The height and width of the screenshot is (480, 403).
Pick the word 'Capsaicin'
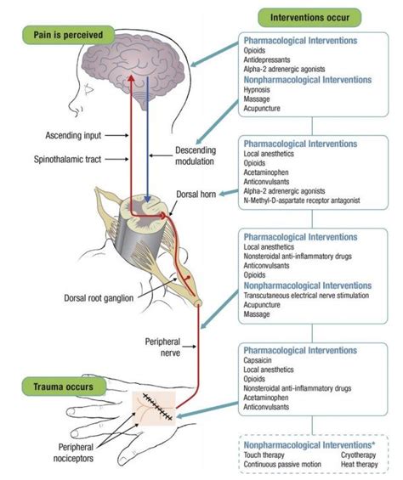(x=260, y=360)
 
